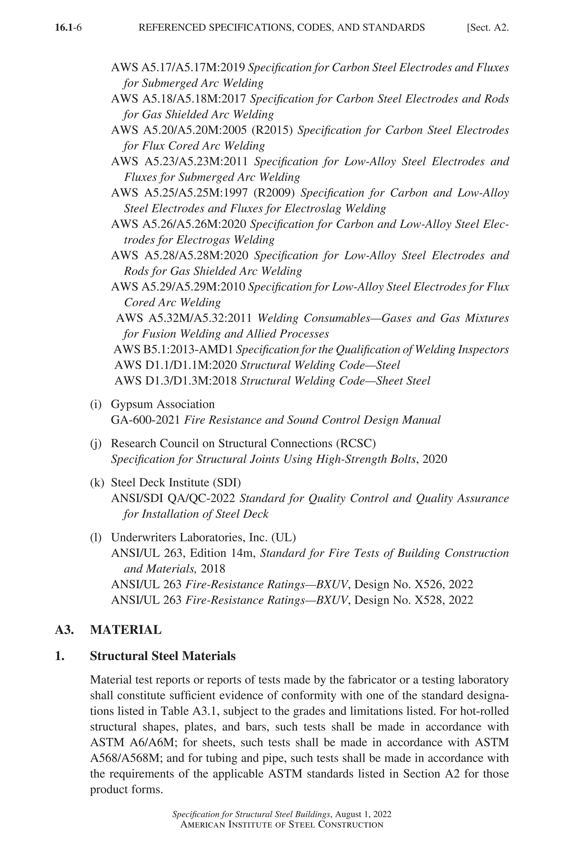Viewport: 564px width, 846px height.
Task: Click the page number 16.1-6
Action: (x=68, y=28)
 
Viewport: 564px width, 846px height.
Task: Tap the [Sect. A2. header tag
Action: (x=488, y=28)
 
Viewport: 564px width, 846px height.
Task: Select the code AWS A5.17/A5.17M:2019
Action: (x=178, y=68)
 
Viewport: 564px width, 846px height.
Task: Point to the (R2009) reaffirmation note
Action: (x=274, y=193)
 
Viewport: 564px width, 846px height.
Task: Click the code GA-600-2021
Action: (x=145, y=420)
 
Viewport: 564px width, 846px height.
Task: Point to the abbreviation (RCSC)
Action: (x=356, y=443)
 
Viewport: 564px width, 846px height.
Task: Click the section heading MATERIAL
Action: (x=126, y=630)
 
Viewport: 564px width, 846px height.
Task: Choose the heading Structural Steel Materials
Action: (x=162, y=656)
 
